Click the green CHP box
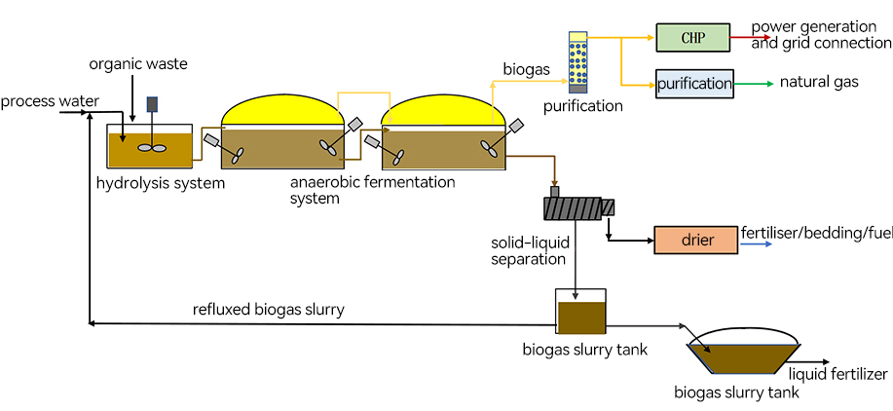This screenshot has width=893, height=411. (x=692, y=38)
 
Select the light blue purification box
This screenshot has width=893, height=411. (x=694, y=84)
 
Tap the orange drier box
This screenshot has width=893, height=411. (x=695, y=240)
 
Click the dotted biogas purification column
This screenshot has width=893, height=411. (x=577, y=62)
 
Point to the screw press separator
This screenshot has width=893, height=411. (x=578, y=206)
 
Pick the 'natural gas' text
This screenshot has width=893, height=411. (x=819, y=82)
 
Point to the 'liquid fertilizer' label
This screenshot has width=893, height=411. (x=838, y=374)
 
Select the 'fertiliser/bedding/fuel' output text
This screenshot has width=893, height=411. (x=816, y=234)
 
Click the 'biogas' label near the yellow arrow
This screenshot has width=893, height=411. (x=527, y=69)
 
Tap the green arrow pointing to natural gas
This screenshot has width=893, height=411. (x=752, y=84)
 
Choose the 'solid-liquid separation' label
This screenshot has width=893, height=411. (x=529, y=249)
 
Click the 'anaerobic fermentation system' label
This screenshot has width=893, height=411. (x=372, y=190)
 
